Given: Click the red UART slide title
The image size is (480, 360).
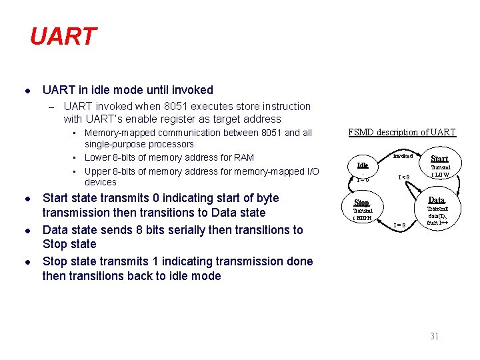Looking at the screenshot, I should [63, 37].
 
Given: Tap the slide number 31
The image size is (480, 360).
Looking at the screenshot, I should [434, 336].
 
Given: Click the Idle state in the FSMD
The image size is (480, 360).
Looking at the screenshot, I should [363, 165].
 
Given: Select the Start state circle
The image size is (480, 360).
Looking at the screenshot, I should [439, 163].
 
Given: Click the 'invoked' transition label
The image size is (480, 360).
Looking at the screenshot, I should [402, 155].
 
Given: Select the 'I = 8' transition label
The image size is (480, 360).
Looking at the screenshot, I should [399, 225].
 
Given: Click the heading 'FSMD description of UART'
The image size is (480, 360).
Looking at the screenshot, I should [402, 132].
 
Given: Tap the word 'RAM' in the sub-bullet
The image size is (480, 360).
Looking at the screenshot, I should [244, 157].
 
